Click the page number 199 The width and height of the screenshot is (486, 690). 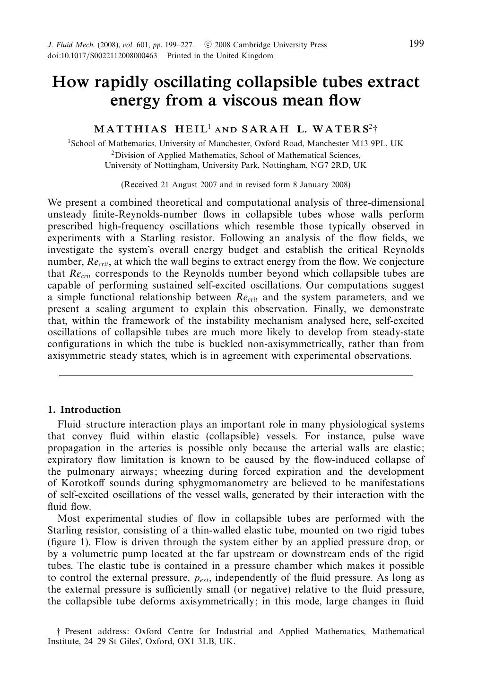(416, 44)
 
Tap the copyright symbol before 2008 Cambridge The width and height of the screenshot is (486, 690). (208, 45)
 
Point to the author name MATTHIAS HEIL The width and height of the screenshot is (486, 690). (150, 129)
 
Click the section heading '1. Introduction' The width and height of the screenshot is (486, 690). (84, 410)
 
